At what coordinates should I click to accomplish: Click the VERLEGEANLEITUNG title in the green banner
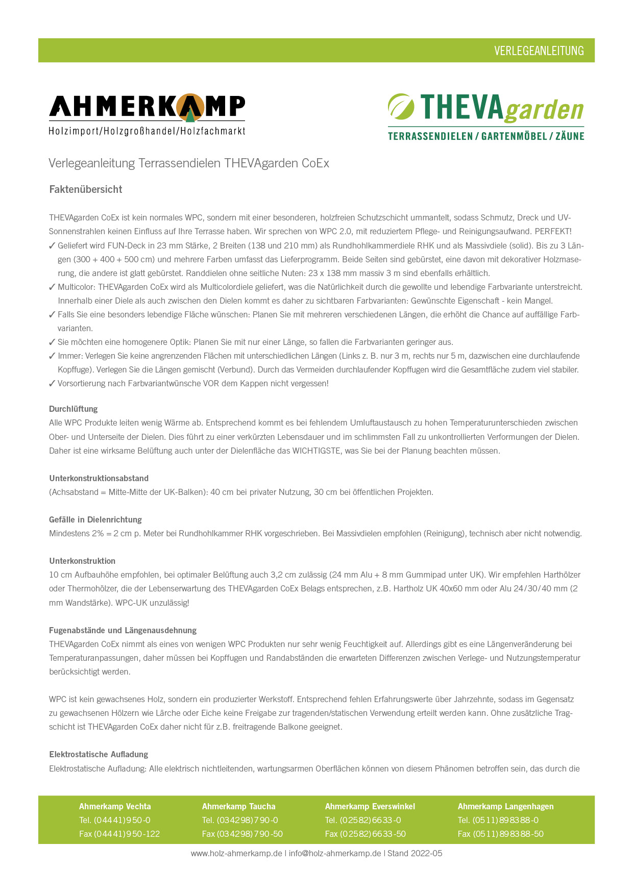click(539, 51)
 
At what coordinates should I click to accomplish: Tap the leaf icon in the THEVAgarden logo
click(401, 106)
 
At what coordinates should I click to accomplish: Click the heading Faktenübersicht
click(86, 189)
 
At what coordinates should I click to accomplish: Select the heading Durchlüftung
click(73, 409)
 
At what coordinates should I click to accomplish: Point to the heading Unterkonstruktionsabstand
click(99, 478)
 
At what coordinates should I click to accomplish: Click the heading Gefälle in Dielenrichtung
click(95, 519)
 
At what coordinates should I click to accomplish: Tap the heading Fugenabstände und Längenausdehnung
click(123, 630)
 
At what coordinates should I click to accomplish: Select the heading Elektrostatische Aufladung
click(99, 754)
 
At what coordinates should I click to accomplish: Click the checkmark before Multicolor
click(52, 287)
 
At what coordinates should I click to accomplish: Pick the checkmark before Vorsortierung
click(52, 384)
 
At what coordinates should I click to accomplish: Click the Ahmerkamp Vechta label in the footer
click(115, 806)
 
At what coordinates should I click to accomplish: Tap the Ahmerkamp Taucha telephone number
click(248, 820)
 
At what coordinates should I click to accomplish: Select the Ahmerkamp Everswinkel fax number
click(373, 834)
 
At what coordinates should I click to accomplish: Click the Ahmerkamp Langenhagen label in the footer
click(505, 806)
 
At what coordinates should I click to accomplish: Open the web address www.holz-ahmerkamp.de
click(236, 853)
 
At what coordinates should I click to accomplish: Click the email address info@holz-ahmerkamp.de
click(335, 853)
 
